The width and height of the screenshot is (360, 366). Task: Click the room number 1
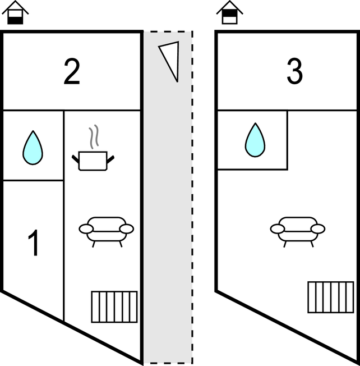34,243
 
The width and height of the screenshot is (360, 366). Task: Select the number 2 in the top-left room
72,71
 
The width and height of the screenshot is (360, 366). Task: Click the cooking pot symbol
93,161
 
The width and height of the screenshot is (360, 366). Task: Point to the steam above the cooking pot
94,137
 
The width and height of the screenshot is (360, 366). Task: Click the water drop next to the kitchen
33,148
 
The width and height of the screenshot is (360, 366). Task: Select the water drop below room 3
255,140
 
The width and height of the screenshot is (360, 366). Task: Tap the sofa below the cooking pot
107,232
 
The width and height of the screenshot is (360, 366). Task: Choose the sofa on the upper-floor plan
298,232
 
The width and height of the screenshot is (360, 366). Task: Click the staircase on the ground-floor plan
114,306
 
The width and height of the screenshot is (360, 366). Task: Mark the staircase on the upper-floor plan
331,297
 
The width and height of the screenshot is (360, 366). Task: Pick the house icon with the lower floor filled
15,12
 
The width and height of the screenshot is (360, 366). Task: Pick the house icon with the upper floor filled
230,12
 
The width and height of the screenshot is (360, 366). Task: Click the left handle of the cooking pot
75,159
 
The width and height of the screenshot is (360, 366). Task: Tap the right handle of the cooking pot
110,159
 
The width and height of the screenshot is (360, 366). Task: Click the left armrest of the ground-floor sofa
86,229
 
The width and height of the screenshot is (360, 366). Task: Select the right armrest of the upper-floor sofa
318,229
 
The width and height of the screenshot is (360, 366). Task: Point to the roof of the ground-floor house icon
15,7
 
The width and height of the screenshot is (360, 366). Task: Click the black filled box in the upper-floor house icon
230,13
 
